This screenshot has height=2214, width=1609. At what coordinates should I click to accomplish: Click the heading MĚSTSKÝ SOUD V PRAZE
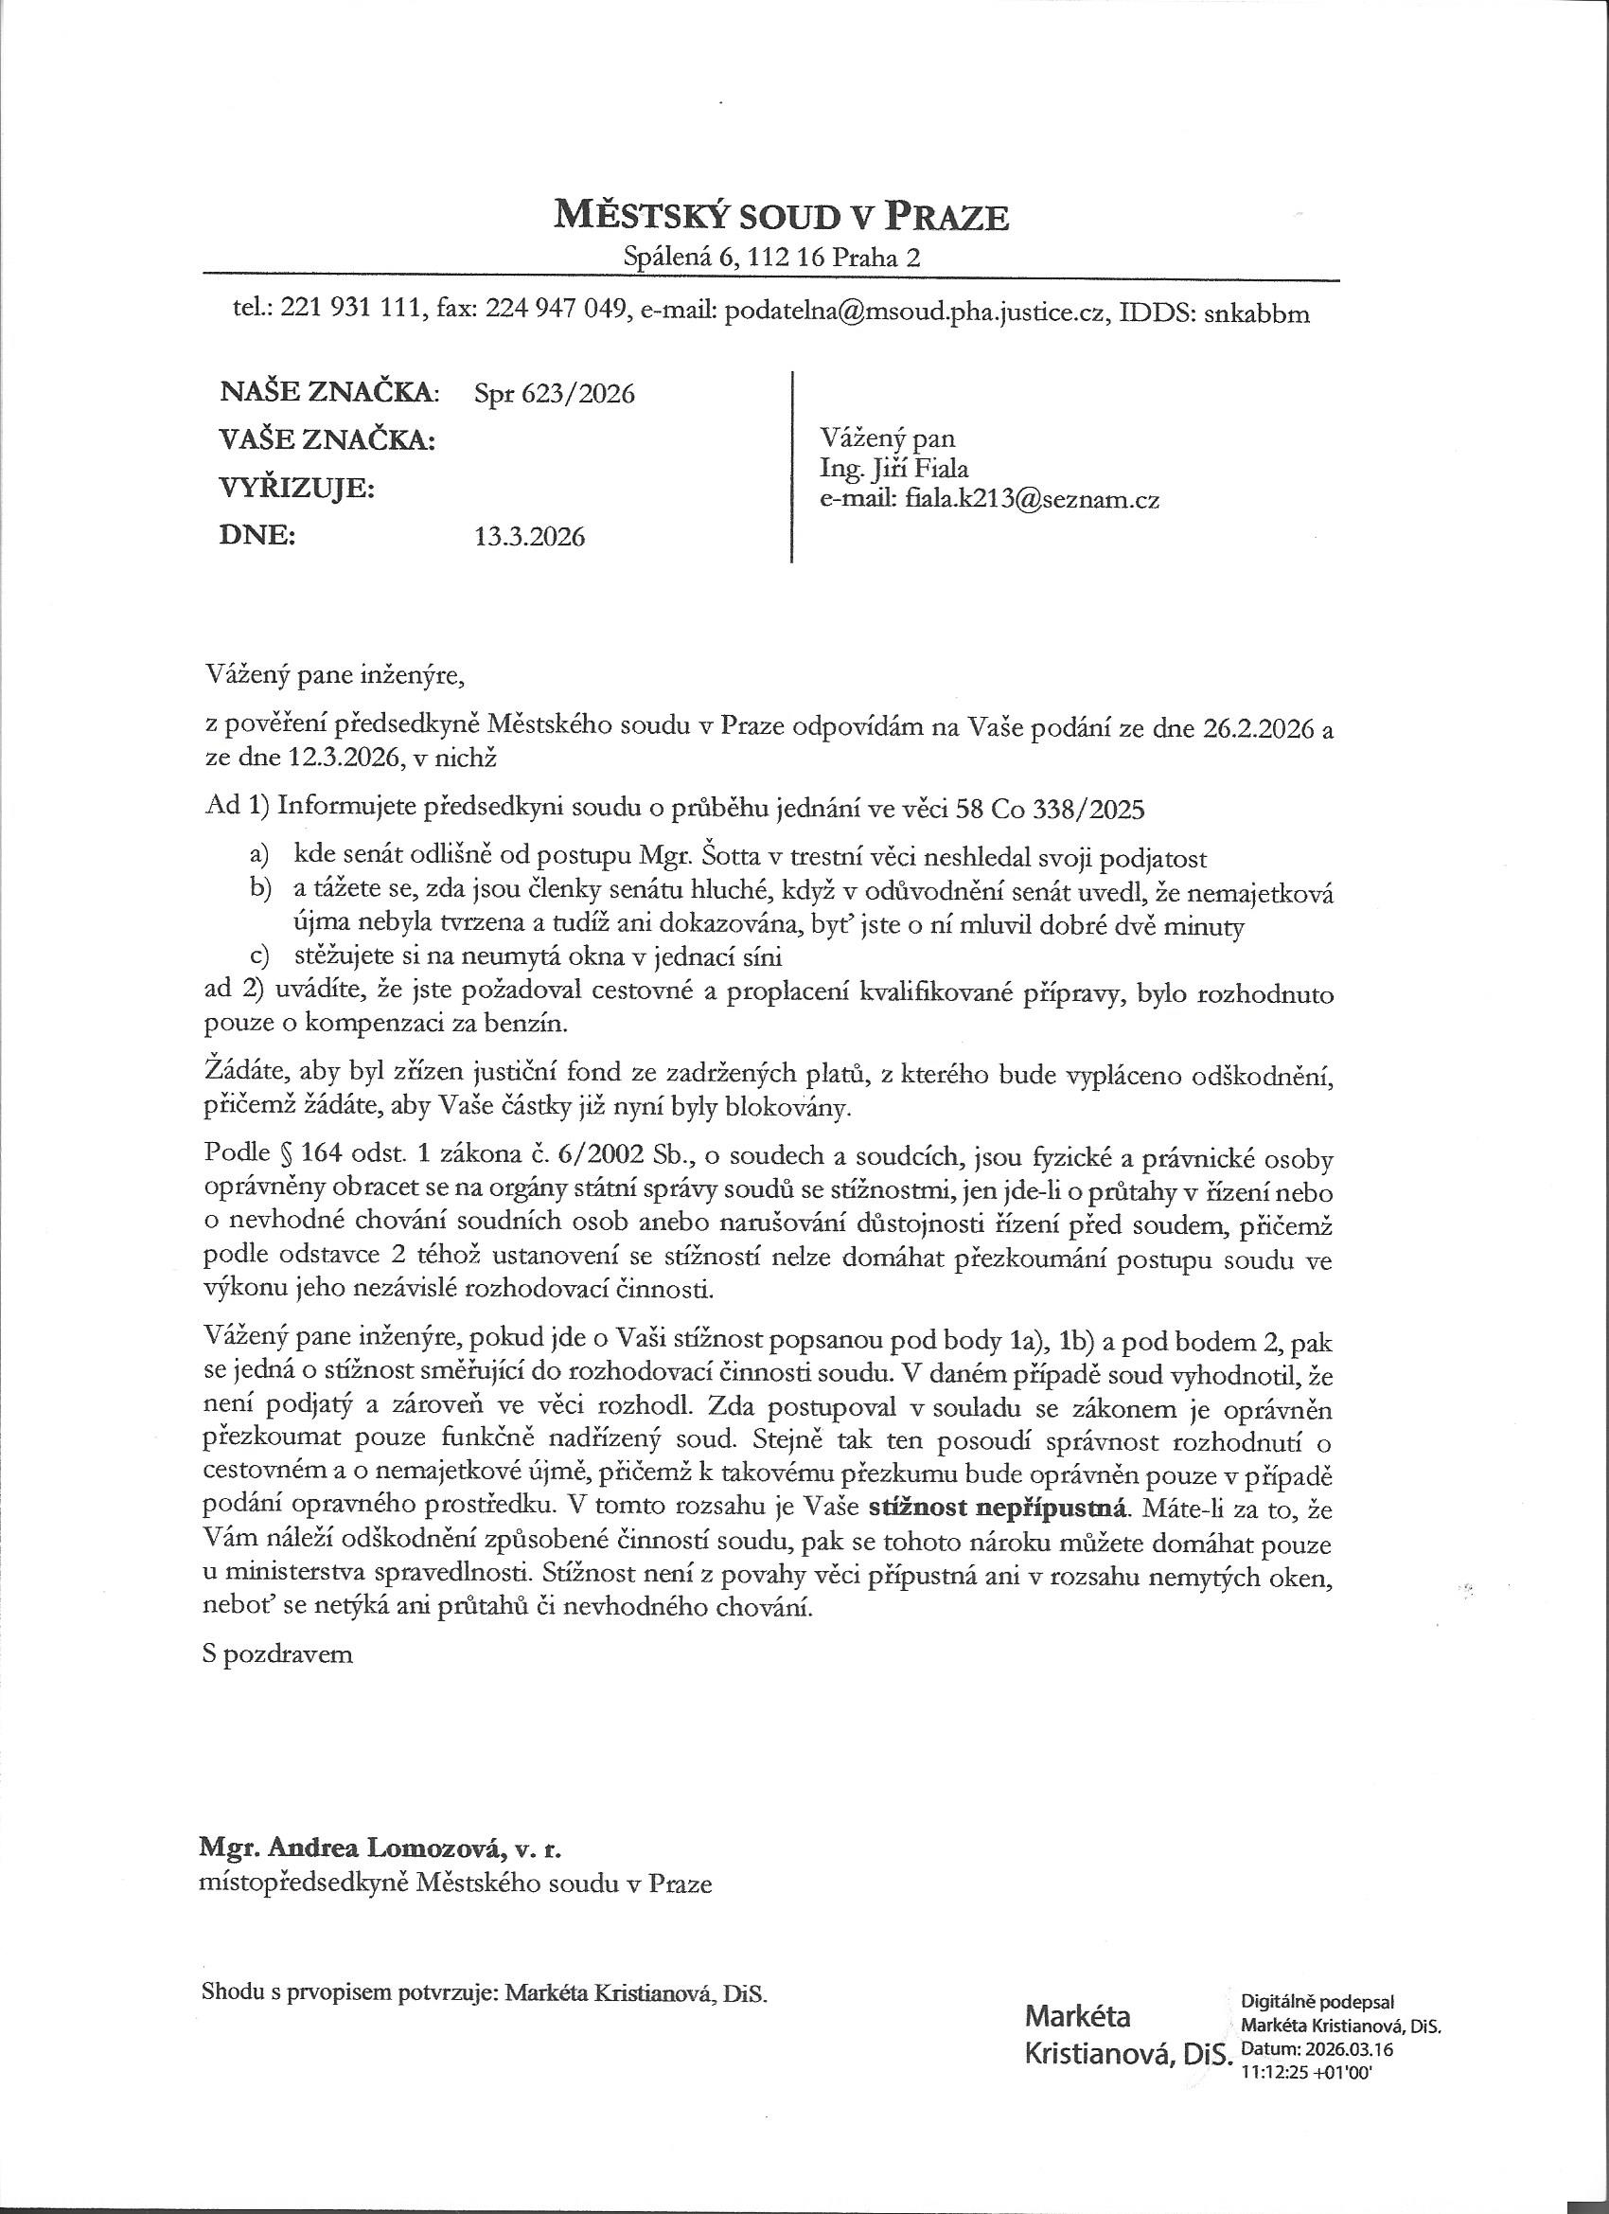click(781, 214)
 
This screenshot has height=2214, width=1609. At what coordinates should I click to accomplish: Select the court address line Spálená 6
click(771, 258)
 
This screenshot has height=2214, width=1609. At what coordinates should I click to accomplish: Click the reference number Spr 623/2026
click(555, 393)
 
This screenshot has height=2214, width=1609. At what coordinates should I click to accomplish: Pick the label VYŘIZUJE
click(298, 488)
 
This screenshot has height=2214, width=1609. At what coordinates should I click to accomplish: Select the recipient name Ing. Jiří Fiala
click(893, 468)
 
